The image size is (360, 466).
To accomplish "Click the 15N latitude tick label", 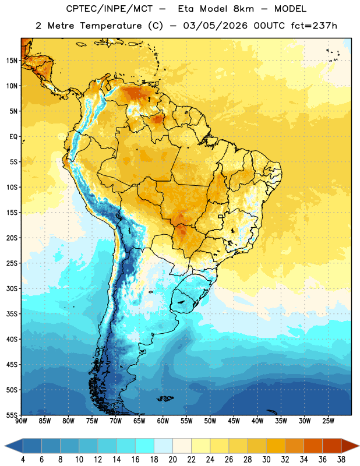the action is coord(12,61).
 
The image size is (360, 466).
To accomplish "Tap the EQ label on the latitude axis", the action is coord(13,137).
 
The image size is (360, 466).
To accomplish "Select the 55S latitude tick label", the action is coord(12,415).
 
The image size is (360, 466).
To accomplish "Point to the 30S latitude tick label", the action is coord(12,288).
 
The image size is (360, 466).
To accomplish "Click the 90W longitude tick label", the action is coord(21,421).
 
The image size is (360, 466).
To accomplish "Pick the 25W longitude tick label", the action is coord(328,421).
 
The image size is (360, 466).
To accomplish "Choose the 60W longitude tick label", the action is coord(163,421).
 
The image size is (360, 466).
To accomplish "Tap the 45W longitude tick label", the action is coord(234,421).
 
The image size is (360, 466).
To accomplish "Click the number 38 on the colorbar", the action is coord(341,460).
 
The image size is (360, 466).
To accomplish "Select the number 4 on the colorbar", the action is coord(23,460).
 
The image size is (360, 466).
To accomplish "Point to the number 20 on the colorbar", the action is coord(172,460).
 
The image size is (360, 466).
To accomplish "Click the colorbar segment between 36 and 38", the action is coord(332,446).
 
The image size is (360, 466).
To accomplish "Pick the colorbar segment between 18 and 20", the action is coord(163,446).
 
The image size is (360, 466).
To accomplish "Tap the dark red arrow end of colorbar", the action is coord(350,446).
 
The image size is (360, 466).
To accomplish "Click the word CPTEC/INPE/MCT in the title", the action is coord(109,9).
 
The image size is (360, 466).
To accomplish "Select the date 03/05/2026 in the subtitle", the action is coord(215,26).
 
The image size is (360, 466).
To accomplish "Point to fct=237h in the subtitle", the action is coord(314,26).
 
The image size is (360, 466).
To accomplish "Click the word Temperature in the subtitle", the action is coord(111,26).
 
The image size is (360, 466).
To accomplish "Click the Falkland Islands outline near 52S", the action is coord(165,398).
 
